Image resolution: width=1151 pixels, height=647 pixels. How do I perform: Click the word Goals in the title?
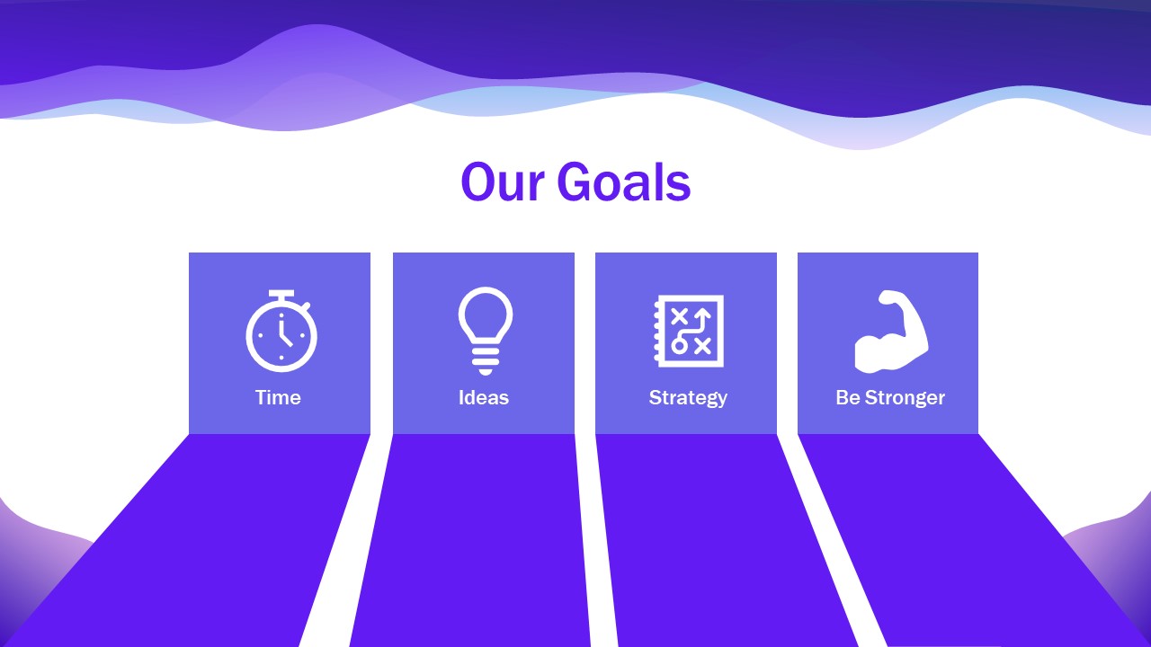point(623,182)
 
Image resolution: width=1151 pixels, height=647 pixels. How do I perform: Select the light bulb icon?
point(485,330)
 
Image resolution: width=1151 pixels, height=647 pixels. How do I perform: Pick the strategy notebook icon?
point(688,331)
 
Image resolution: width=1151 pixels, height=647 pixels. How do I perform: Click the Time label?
point(278,397)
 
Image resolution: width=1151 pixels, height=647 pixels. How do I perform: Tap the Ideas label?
point(484,397)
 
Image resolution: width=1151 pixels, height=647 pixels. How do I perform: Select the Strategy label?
point(688,397)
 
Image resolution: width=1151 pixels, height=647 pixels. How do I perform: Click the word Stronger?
point(905,397)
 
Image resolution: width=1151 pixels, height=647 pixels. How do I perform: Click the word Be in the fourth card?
point(847,397)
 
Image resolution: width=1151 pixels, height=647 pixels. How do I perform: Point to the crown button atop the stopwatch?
point(281,295)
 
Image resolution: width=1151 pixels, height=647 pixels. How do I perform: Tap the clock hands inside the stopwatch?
point(284,333)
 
